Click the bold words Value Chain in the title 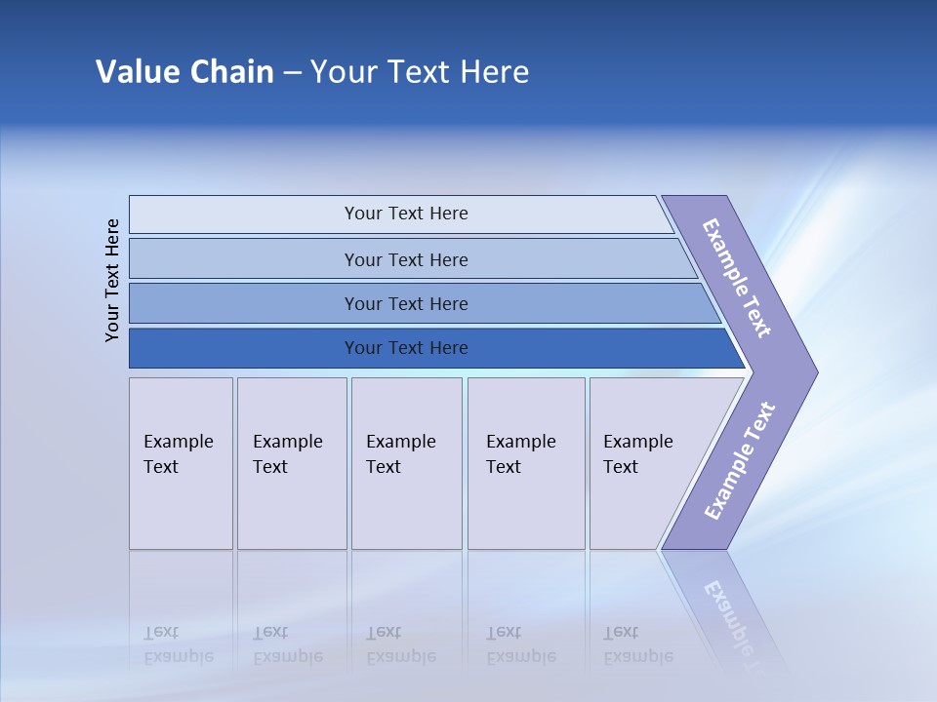coord(184,72)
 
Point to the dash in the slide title coord(292,73)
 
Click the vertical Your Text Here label coord(112,280)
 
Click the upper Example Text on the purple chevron coord(737,278)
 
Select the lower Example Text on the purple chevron coord(739,461)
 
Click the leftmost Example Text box coord(181,463)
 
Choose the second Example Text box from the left coord(292,463)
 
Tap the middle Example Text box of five coord(406,463)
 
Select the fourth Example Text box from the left coord(526,463)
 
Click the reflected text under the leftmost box coord(178,644)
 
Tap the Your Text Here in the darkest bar coord(406,348)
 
